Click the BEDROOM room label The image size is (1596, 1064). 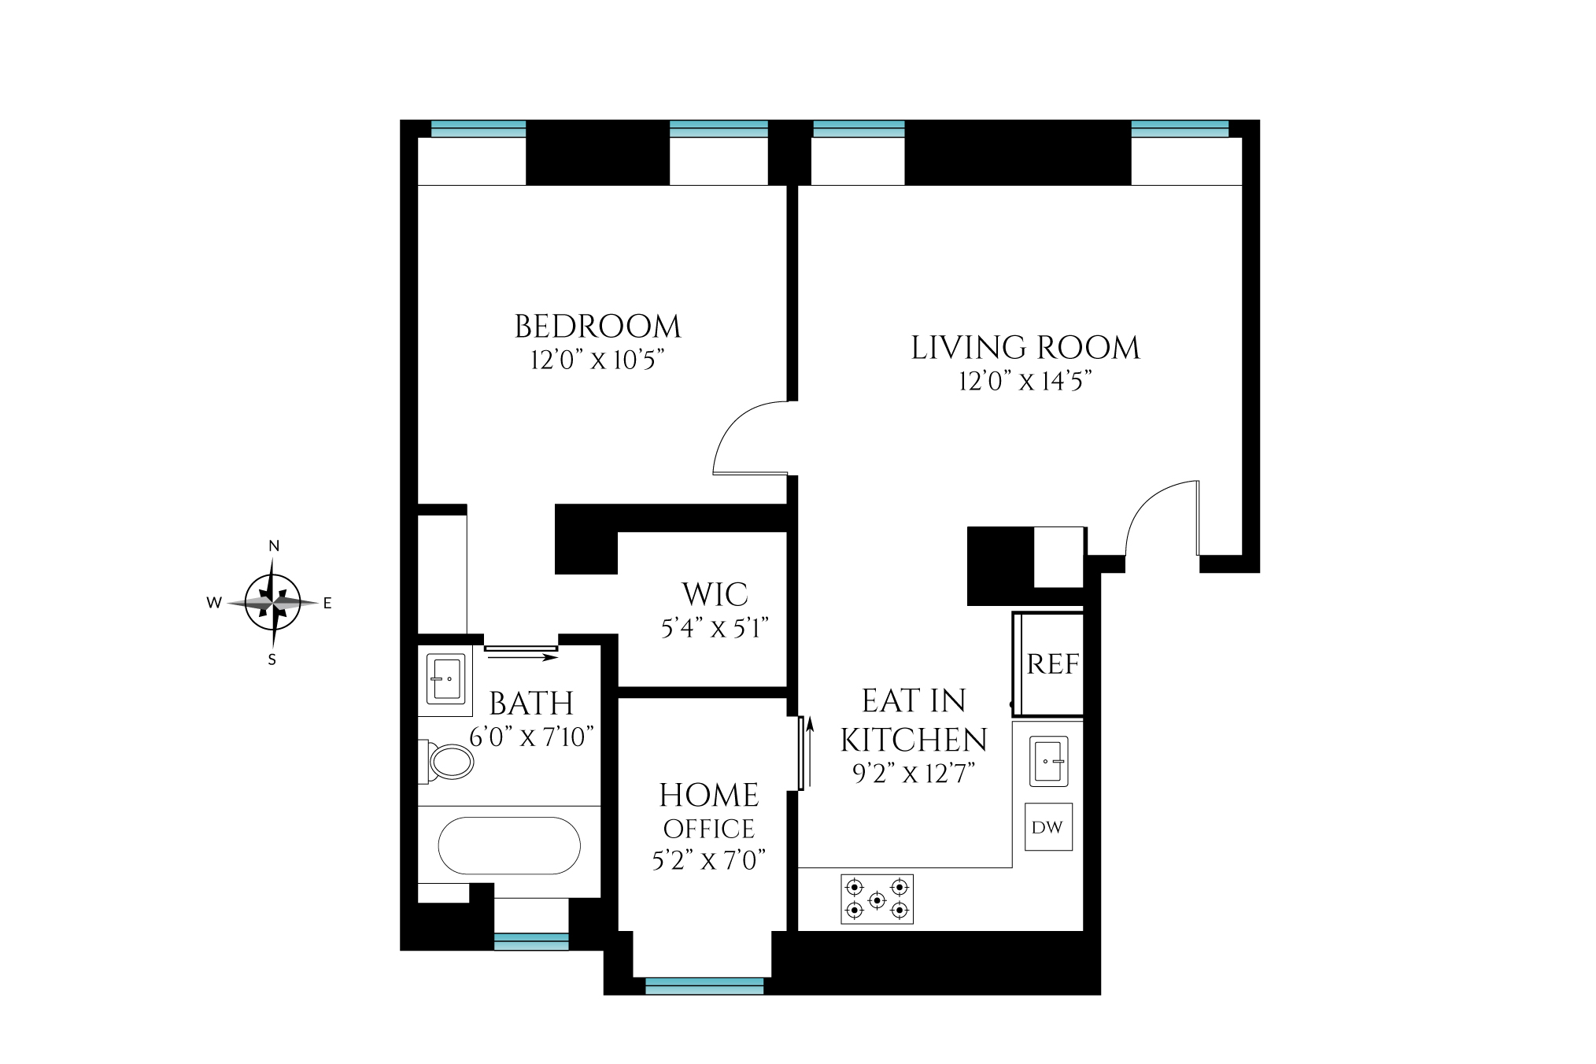597,327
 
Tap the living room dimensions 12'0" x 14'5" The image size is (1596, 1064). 1025,382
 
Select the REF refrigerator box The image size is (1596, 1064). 1051,664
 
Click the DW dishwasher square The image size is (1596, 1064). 1047,827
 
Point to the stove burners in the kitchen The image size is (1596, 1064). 877,899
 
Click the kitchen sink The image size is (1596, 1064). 1048,761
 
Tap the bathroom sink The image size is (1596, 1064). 445,678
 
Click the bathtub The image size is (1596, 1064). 508,846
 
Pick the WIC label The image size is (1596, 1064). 715,595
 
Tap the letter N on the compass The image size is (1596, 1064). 274,546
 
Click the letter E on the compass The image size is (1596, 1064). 327,604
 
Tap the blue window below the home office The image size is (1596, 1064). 704,986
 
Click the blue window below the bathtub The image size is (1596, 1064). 531,941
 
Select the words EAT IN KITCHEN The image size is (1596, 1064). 913,720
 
